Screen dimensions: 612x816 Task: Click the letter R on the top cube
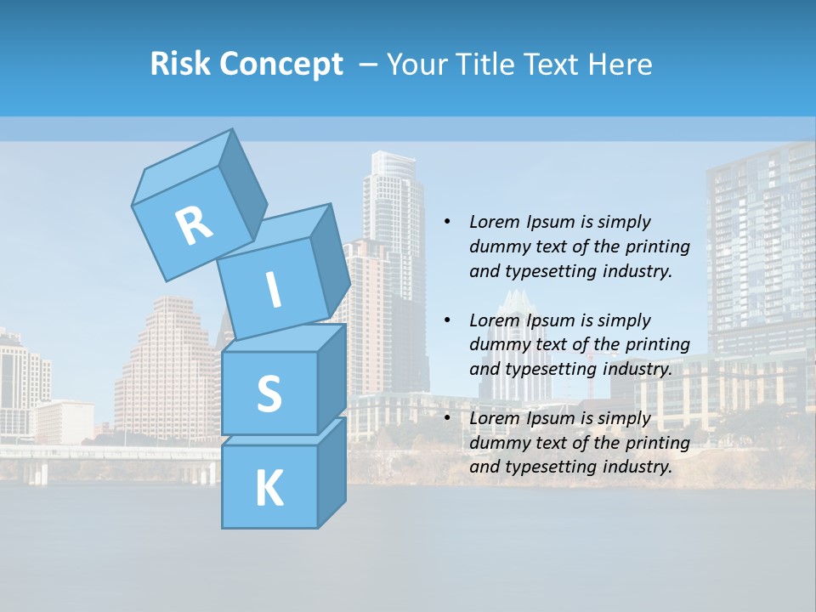coord(194,225)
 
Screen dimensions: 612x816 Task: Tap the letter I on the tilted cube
coord(274,291)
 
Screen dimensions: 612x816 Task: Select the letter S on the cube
coord(269,394)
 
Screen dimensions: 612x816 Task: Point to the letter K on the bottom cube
coord(269,489)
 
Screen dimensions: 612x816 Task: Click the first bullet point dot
coord(447,223)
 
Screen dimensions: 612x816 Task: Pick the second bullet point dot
coord(447,320)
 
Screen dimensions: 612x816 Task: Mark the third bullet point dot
coord(447,418)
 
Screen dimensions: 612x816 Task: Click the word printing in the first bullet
coord(658,246)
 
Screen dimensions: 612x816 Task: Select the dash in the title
coord(368,64)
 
